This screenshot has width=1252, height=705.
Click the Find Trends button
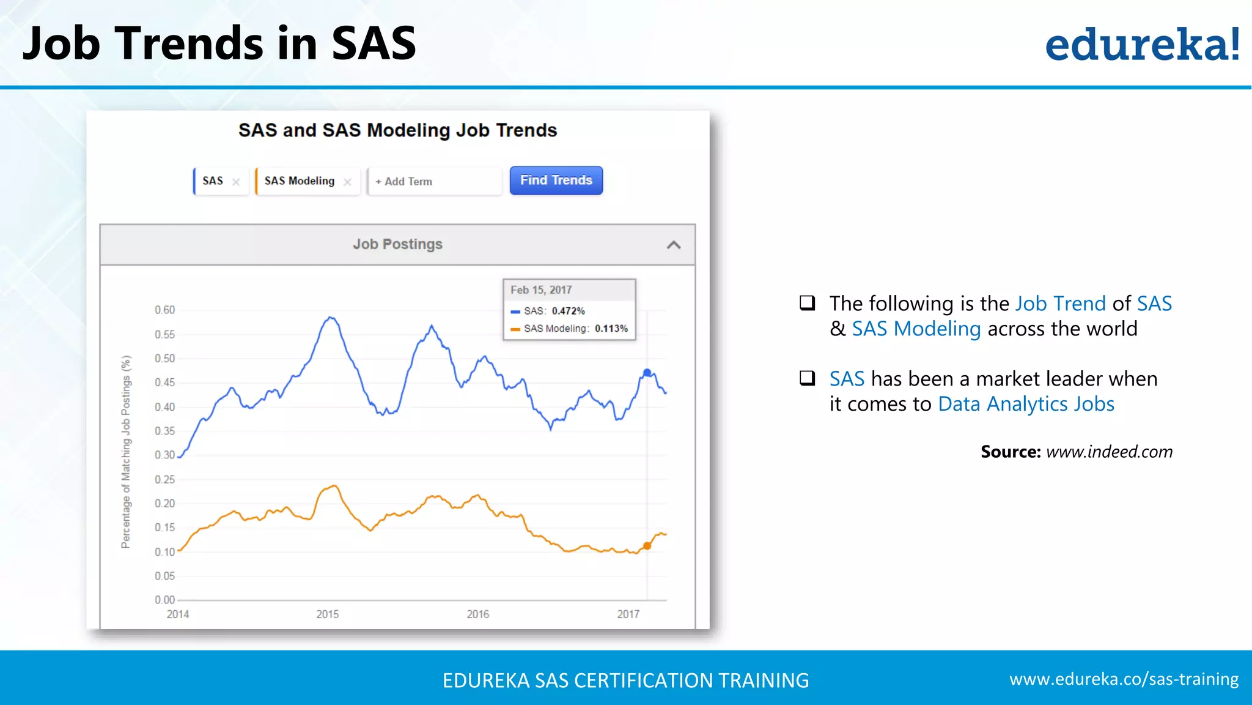tap(556, 181)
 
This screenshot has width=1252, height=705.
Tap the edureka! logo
tap(1142, 44)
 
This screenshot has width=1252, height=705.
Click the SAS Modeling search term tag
tap(300, 181)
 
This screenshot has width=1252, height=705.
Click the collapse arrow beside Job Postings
tap(673, 245)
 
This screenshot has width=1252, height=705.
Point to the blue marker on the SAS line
tap(647, 373)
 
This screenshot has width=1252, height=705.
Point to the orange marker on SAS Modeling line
tap(647, 546)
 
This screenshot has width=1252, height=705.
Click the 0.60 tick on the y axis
tap(164, 310)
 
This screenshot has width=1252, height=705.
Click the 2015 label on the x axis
tap(327, 614)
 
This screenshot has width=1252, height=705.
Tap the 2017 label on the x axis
tap(628, 614)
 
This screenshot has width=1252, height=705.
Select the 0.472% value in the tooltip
tap(568, 311)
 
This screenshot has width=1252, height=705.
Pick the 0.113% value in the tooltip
tap(611, 329)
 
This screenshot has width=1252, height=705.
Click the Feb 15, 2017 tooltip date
tap(541, 290)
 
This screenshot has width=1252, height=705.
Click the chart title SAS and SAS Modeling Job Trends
tap(397, 130)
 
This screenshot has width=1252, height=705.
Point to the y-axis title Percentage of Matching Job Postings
tap(126, 452)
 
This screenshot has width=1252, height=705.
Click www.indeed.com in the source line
tap(1109, 452)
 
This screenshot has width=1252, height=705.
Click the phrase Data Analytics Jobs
tap(1026, 404)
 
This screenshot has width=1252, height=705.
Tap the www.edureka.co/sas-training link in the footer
tap(1124, 679)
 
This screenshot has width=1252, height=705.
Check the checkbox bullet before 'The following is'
tap(808, 302)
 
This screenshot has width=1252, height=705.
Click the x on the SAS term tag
tap(236, 182)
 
